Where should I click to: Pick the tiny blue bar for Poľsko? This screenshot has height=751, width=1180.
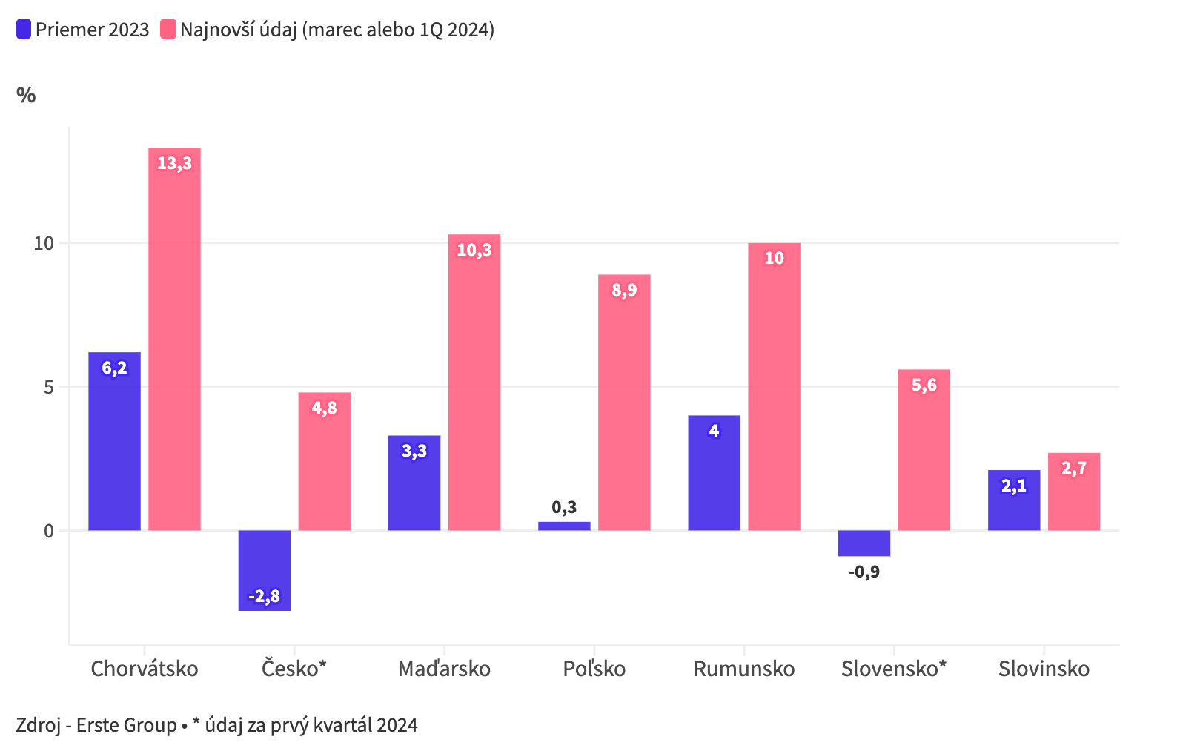pyautogui.click(x=564, y=526)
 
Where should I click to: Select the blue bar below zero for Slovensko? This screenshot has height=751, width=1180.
pyautogui.click(x=864, y=543)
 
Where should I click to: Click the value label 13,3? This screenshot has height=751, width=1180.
pyautogui.click(x=174, y=163)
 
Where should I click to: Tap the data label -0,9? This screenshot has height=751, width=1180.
pyautogui.click(x=864, y=572)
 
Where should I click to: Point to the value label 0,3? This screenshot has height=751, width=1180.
pyautogui.click(x=564, y=507)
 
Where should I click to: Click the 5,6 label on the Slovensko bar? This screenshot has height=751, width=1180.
pyautogui.click(x=924, y=385)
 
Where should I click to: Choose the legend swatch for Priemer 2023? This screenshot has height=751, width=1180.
pyautogui.click(x=24, y=30)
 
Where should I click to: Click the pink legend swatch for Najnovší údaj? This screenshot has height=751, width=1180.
pyautogui.click(x=168, y=30)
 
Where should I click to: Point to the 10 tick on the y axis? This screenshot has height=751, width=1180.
pyautogui.click(x=44, y=243)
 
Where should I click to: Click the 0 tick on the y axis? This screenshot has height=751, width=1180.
pyautogui.click(x=49, y=531)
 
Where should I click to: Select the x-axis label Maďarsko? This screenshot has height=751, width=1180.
pyautogui.click(x=444, y=669)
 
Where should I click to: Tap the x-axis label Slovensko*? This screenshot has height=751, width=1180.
pyautogui.click(x=893, y=669)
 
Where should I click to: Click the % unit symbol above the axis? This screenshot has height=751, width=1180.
pyautogui.click(x=26, y=95)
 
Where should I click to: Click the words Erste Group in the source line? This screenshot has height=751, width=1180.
pyautogui.click(x=126, y=724)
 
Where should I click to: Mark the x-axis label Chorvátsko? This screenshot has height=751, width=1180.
pyautogui.click(x=145, y=669)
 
